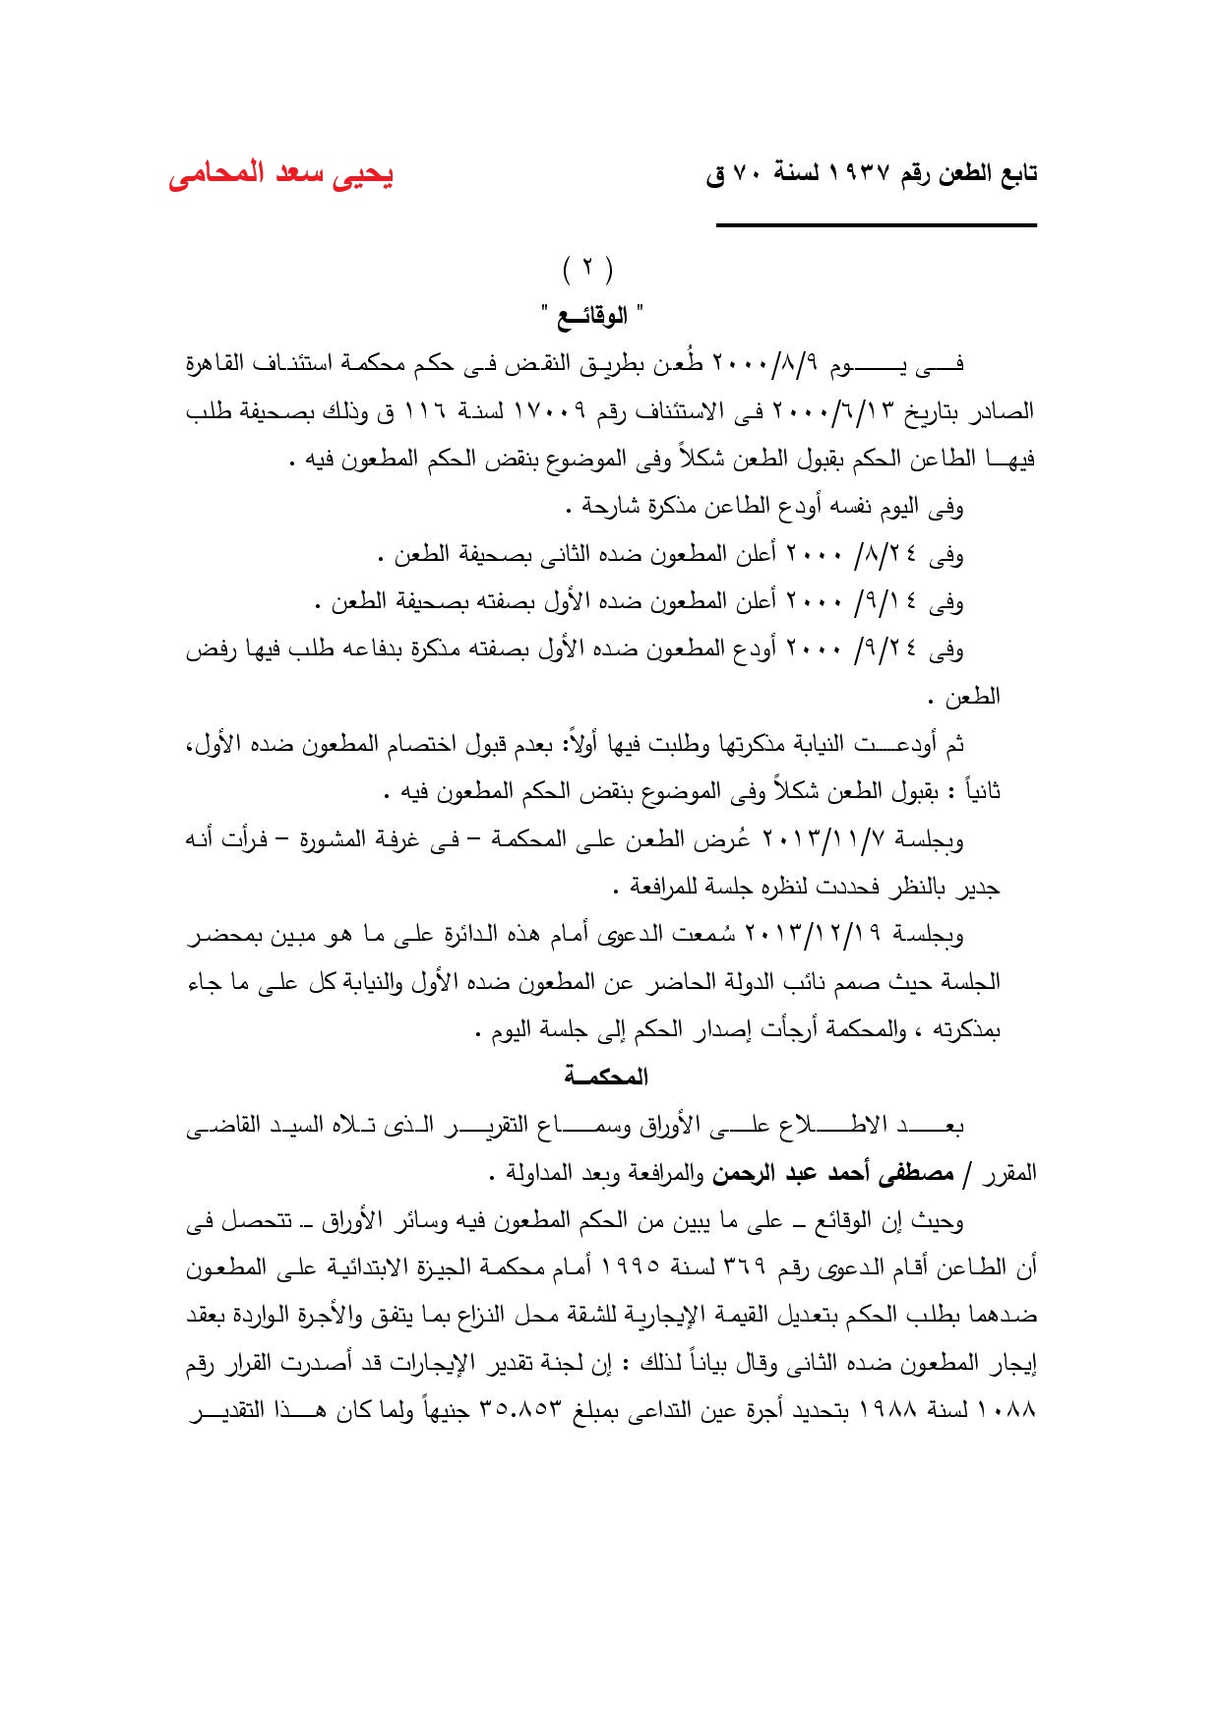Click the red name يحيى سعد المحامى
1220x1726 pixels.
[x=280, y=174]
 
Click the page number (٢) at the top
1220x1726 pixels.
[x=587, y=268]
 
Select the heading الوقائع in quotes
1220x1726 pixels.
[x=591, y=316]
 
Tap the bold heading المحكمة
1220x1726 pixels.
[x=606, y=1077]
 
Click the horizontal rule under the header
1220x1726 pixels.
[x=876, y=226]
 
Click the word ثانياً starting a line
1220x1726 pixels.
[x=978, y=792]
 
